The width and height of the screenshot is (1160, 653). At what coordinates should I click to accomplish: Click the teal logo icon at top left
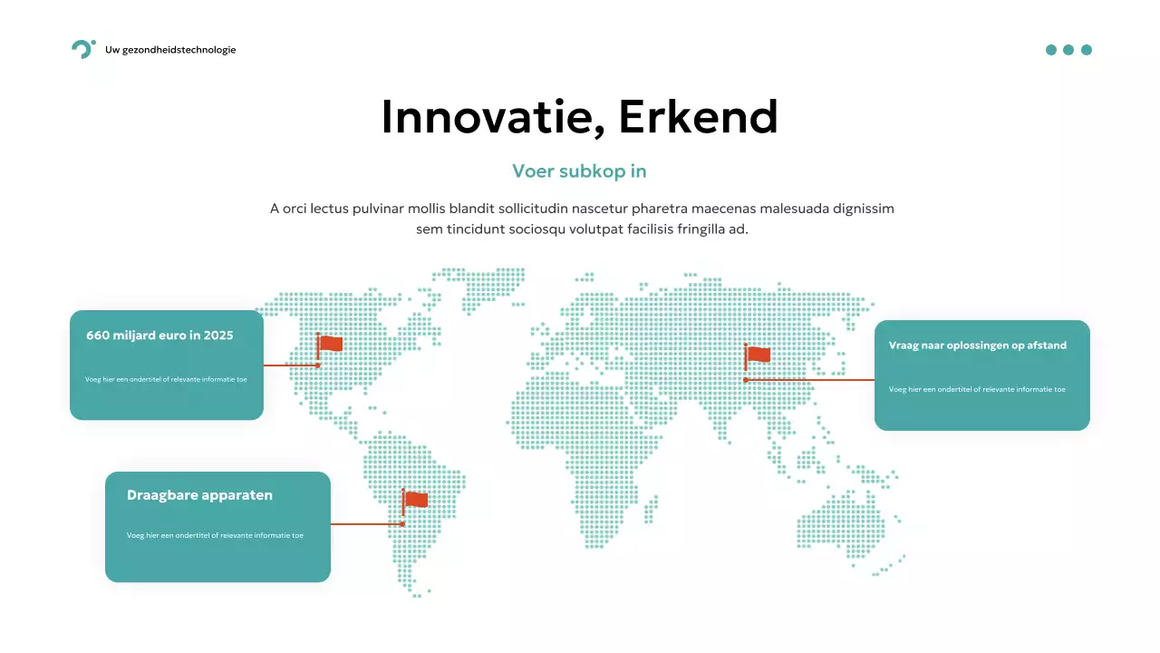[82, 50]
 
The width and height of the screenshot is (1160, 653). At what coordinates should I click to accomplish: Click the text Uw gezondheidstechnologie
[170, 50]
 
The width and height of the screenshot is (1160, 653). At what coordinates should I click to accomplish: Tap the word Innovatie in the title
[486, 117]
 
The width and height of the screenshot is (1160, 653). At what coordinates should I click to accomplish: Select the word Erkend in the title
[699, 117]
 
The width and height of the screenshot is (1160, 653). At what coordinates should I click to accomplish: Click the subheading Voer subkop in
[579, 171]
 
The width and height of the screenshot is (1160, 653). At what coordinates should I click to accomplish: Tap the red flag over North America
[331, 344]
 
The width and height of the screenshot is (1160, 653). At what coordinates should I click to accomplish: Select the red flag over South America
[416, 500]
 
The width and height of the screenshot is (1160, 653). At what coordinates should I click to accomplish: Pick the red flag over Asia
[759, 355]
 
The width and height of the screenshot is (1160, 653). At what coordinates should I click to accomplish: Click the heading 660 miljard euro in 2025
[159, 336]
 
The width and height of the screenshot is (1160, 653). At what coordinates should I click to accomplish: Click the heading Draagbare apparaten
[199, 495]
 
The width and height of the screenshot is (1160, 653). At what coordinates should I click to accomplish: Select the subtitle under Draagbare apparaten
[215, 535]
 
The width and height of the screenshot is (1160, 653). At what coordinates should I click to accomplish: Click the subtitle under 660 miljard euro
[166, 379]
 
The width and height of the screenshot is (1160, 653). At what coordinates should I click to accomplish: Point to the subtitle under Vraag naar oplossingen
[977, 389]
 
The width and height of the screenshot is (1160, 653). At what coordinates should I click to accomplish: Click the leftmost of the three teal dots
[1051, 50]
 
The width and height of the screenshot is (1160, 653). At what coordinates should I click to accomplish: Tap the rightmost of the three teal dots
[1087, 50]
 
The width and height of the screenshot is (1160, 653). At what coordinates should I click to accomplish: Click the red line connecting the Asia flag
[811, 380]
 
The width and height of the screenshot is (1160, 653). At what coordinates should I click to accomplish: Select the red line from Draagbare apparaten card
[365, 524]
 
